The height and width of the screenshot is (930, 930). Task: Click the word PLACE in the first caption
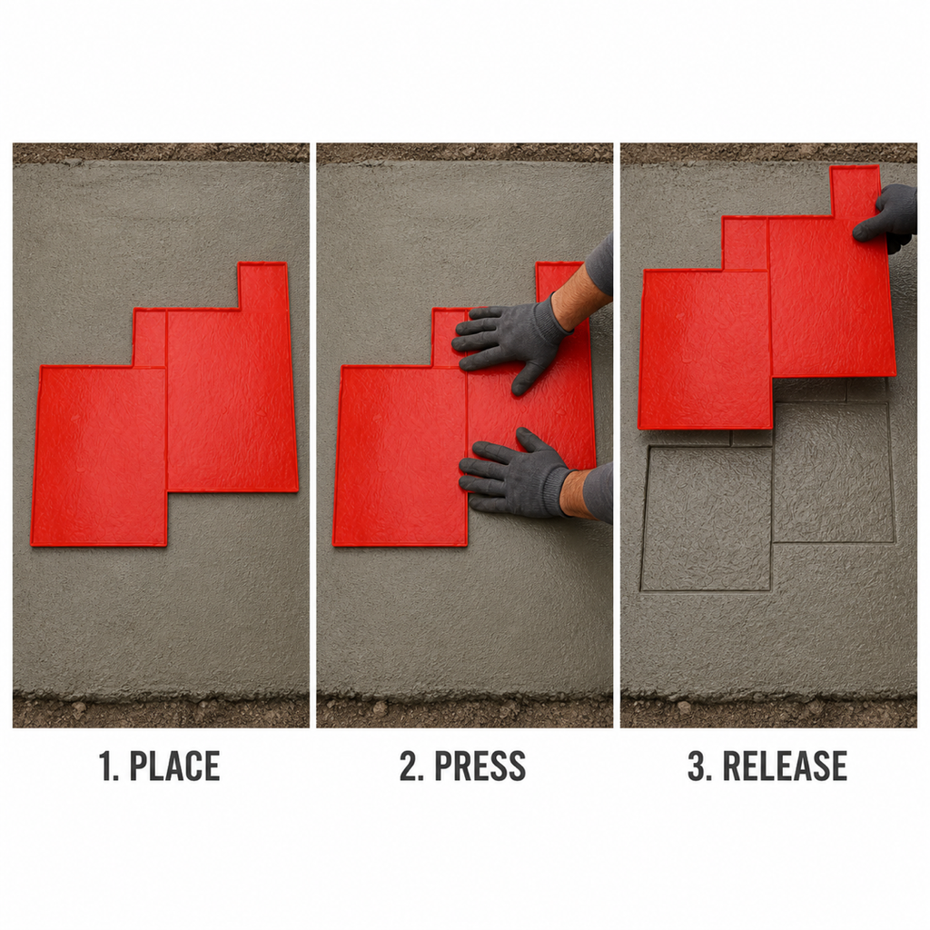[174, 766]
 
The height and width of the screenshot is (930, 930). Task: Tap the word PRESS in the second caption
[480, 766]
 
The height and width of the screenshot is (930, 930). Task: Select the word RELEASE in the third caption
[785, 766]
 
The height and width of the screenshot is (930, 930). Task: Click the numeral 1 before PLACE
[107, 766]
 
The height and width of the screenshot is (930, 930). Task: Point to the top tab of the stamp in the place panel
[262, 286]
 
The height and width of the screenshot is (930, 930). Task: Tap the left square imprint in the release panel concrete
[707, 519]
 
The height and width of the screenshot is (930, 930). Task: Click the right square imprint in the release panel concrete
[834, 472]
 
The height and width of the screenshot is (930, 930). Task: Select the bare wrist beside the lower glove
[579, 492]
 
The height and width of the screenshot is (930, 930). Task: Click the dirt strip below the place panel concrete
[161, 710]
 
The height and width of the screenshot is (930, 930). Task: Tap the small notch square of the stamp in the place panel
[150, 338]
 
